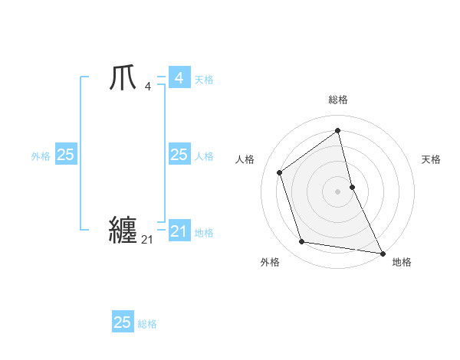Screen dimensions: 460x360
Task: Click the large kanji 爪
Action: pos(123,77)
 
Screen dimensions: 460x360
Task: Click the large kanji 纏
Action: pos(123,229)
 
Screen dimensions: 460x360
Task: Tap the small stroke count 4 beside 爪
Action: pos(147,86)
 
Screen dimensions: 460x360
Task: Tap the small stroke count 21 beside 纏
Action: pos(147,240)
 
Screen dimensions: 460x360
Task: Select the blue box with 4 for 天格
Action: pos(179,77)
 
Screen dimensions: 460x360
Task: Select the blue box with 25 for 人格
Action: pos(179,155)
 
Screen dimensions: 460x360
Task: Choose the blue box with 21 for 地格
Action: pos(179,231)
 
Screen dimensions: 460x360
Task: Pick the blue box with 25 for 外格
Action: pos(66,155)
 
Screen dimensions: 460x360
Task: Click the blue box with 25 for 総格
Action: pos(123,322)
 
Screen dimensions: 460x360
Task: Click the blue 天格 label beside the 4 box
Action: pos(204,80)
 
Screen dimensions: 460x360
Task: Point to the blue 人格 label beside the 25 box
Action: pos(204,156)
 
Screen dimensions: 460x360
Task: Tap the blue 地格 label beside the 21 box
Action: pos(204,233)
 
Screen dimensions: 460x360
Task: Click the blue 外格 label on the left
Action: pos(41,156)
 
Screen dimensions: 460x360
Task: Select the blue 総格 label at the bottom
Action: pos(147,324)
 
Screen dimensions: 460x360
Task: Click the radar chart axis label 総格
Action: pos(338,100)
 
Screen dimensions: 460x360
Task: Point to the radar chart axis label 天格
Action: pos(432,159)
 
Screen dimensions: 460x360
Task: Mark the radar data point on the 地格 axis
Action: pos(382,252)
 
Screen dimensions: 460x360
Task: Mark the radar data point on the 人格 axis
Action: pos(280,172)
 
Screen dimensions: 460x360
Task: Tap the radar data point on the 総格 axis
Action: pos(338,131)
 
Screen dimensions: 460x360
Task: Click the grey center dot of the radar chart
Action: pos(338,191)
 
